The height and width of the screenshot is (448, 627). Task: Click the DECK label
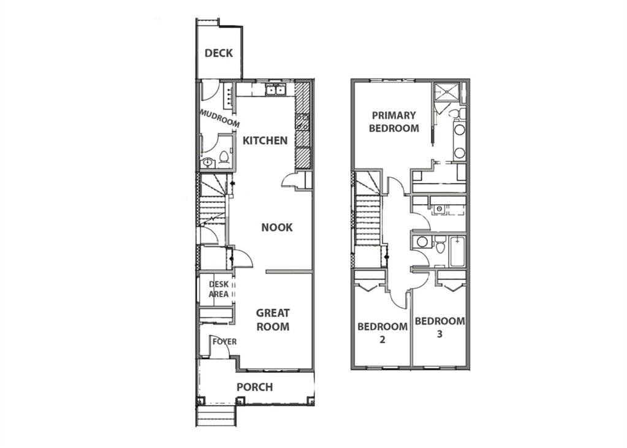[x=218, y=53]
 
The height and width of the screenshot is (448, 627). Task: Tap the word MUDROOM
[x=219, y=118]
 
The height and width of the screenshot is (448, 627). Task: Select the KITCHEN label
[x=265, y=140]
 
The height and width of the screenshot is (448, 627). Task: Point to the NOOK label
[x=276, y=227]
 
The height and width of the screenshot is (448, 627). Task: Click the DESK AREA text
[x=219, y=289]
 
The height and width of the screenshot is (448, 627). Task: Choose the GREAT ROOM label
[x=273, y=319]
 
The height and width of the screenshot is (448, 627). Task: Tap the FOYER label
[x=224, y=341]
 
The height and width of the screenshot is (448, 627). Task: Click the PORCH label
[x=255, y=387]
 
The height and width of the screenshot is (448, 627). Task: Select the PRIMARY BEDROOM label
[x=394, y=121]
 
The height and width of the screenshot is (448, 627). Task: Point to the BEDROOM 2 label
[x=382, y=333]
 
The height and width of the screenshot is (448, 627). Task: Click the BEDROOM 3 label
[x=439, y=327]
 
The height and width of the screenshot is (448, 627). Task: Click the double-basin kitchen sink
[x=276, y=90]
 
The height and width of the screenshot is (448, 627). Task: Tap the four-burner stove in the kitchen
[x=302, y=122]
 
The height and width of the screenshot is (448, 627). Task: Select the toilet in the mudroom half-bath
[x=224, y=158]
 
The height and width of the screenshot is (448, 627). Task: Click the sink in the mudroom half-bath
[x=208, y=163]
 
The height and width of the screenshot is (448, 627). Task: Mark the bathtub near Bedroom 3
[x=457, y=252]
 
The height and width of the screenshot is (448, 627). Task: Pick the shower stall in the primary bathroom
[x=445, y=93]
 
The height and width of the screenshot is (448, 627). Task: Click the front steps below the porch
[x=216, y=416]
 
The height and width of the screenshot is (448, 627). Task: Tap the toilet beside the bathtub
[x=440, y=245]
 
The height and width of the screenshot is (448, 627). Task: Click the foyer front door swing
[x=219, y=346]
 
